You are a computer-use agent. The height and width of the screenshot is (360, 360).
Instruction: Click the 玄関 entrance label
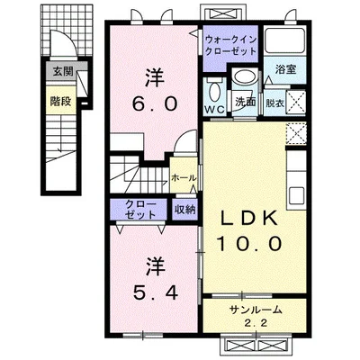[63, 71]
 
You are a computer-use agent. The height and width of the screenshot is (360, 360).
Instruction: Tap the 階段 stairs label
[60, 102]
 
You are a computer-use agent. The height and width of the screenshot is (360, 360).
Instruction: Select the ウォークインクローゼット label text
[230, 45]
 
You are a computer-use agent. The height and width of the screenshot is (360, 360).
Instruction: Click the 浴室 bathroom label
[286, 69]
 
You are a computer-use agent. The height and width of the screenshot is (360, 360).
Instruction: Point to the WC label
[215, 110]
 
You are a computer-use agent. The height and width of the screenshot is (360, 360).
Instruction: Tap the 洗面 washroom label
[245, 102]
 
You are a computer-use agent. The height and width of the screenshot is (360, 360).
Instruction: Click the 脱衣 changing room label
[274, 103]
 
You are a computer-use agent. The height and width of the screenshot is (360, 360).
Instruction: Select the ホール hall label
[184, 178]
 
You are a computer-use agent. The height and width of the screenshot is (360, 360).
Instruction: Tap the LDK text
[249, 219]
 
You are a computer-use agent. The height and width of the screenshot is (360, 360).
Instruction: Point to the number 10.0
[249, 243]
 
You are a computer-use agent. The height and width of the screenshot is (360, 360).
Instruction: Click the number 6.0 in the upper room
[155, 104]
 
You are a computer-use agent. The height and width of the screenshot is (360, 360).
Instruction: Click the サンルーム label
[256, 310]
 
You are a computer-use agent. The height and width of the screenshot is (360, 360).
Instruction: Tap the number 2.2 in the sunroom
[256, 323]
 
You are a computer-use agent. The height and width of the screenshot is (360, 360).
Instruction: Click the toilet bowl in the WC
[214, 92]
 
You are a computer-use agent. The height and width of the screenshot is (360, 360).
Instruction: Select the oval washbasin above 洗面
[245, 77]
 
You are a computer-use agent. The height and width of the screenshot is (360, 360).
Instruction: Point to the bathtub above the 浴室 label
[285, 41]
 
